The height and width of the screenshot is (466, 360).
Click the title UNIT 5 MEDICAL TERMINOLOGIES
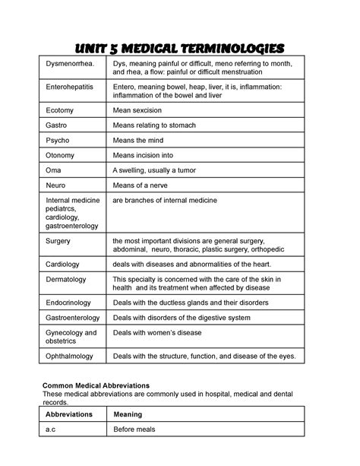click(x=180, y=48)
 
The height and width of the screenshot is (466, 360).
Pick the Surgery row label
click(x=59, y=242)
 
